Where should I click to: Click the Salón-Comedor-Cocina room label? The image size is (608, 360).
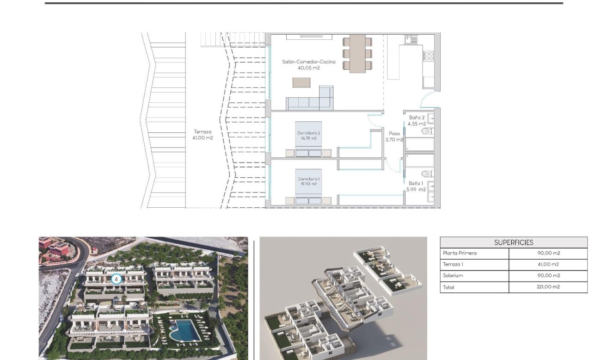point(308,62)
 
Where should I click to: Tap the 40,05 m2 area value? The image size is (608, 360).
point(308,68)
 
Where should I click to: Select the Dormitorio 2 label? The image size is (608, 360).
point(308,133)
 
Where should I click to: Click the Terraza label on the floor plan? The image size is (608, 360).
point(203,132)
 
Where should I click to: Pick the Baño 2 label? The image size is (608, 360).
point(417,118)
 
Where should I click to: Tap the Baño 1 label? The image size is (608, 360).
point(416,183)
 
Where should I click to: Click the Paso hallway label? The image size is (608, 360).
point(394,133)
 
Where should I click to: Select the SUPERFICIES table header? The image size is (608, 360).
point(513,242)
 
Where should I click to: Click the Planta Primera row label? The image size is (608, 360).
point(460,253)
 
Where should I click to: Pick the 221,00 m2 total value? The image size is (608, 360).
point(548,287)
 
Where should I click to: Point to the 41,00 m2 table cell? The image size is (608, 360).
point(548,265)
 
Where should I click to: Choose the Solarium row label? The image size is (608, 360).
point(453,276)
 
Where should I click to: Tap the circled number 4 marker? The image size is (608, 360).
point(116,279)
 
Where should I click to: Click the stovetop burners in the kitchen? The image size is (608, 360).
point(429,56)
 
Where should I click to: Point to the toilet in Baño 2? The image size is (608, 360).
point(427,131)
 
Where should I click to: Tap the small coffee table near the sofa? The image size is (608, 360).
point(301,82)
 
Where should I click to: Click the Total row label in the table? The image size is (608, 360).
point(448,287)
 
